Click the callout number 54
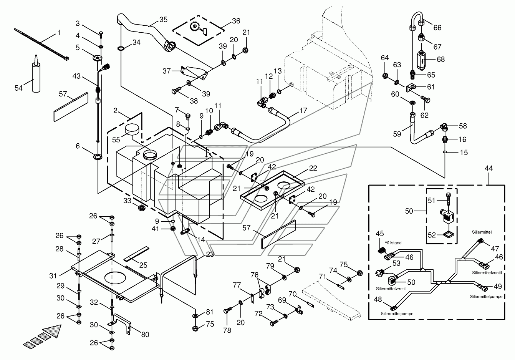coord(18,88)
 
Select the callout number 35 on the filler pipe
coord(163,20)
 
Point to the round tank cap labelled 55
coord(132,130)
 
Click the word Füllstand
coord(393,243)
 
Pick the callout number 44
coord(489,168)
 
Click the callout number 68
coord(440,59)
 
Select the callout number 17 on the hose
coord(303,111)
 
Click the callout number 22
coord(313,168)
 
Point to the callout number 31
coord(53,275)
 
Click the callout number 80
coord(145,335)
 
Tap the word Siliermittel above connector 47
coord(482,232)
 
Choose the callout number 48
coord(378,299)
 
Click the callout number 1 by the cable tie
coord(59,33)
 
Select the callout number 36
coord(236,21)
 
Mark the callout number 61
coord(431,87)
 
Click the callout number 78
coord(227,330)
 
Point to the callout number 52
coord(432,235)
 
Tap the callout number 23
coord(210,254)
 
